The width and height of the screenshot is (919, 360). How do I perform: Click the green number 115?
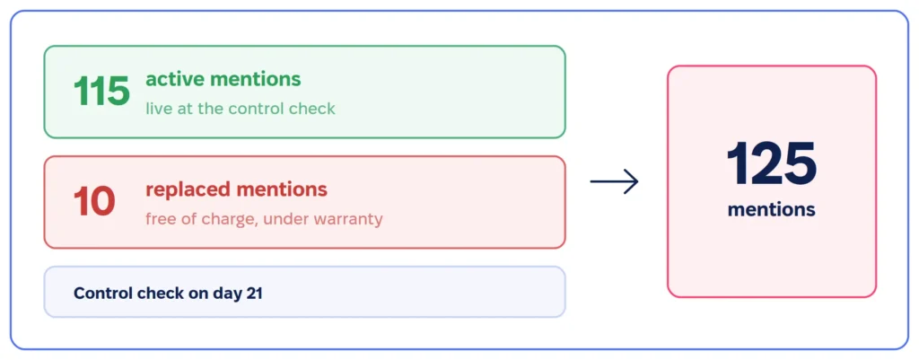pos(101,92)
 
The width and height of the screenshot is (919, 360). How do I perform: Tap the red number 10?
pos(93,202)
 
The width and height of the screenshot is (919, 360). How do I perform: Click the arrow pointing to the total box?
pos(614,181)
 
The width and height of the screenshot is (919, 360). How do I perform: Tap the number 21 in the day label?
pos(253,294)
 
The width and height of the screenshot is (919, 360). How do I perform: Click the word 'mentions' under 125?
pos(771,209)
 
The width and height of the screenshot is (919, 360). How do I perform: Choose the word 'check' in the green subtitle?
pos(313,109)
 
